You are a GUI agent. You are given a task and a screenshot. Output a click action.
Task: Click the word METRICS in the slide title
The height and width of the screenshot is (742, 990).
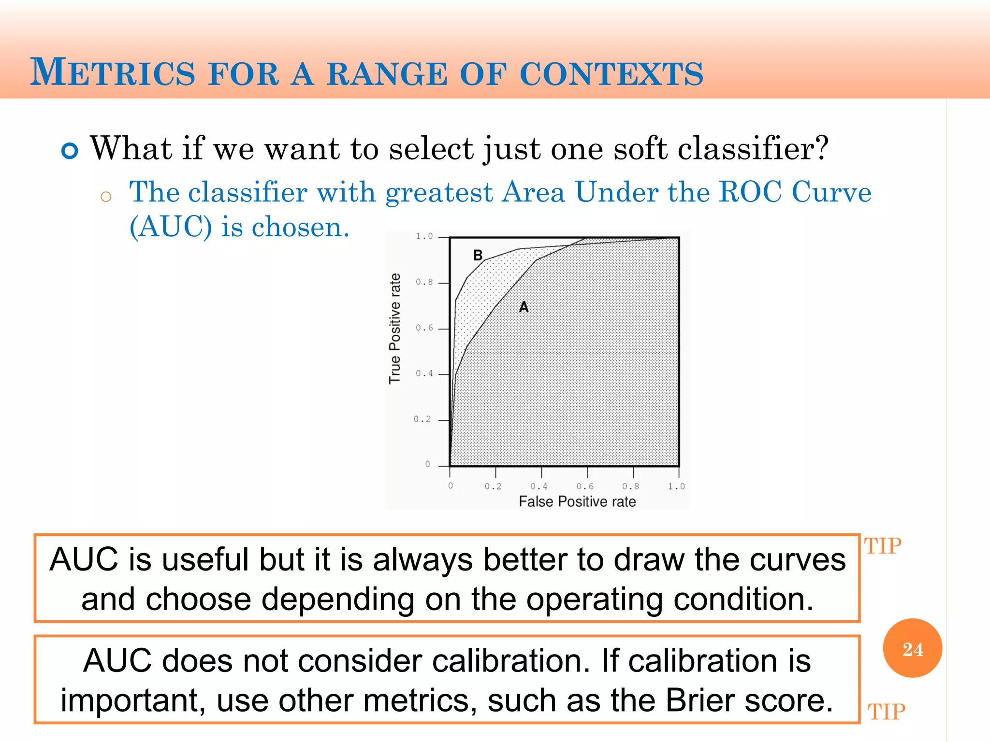click(113, 73)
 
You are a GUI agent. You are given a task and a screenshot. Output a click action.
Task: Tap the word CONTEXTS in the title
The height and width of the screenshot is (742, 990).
click(611, 74)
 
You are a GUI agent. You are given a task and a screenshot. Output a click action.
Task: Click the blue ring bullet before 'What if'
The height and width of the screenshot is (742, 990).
click(70, 151)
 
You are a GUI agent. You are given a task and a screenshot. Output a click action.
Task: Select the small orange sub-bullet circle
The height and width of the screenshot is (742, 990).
click(106, 197)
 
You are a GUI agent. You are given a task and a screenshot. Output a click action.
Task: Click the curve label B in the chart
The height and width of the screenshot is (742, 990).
click(478, 255)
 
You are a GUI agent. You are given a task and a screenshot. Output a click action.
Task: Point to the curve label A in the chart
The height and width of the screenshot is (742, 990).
click(524, 307)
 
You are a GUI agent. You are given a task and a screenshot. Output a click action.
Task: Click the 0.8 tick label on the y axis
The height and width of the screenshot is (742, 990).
click(424, 282)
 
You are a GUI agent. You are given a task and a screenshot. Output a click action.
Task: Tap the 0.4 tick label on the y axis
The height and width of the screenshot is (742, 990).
click(424, 373)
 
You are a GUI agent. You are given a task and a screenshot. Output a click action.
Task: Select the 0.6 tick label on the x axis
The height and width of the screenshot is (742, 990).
click(584, 486)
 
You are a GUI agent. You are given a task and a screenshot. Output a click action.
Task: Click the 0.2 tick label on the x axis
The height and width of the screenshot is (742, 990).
click(493, 486)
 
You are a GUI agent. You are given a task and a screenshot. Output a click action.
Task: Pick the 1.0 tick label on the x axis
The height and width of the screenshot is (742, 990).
click(676, 486)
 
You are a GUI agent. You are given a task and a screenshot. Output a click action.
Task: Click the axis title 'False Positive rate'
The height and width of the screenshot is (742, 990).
click(577, 502)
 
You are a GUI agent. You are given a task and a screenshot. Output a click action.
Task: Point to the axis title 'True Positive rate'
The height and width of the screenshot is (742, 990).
click(395, 328)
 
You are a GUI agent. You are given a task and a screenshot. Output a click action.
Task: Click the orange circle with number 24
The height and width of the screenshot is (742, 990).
click(912, 648)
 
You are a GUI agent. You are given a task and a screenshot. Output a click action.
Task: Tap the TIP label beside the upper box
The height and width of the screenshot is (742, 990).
click(883, 546)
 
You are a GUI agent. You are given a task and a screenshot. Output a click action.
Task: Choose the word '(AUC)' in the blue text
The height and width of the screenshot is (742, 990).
click(171, 227)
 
